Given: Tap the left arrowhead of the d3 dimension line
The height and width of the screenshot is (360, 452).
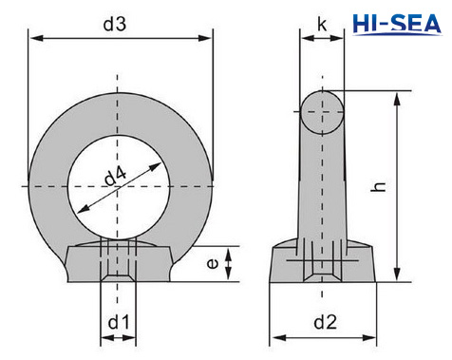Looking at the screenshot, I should pyautogui.click(x=34, y=38).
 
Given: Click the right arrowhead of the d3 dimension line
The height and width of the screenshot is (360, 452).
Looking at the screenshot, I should pyautogui.click(x=206, y=38).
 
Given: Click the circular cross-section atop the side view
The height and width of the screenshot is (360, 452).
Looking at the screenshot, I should pyautogui.click(x=323, y=112).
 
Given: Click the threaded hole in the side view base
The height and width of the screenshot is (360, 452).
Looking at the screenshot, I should pyautogui.click(x=321, y=267).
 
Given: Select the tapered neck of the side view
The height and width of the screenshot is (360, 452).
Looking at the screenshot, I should pyautogui.click(x=321, y=190).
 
